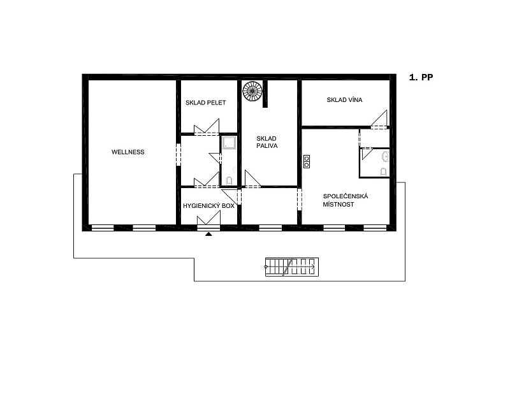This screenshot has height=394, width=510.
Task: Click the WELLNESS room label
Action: coord(128,152)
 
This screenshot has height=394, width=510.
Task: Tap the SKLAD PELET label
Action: coord(205,103)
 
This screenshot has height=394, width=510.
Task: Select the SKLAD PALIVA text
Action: coord(266,142)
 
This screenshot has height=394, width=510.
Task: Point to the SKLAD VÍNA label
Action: coord(344,100)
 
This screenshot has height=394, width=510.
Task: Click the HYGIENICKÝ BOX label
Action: coord(208,206)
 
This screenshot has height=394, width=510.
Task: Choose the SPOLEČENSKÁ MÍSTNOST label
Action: coord(345,200)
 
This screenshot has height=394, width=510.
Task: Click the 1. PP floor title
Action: coord(421,77)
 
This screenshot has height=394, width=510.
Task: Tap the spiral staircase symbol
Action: coord(252,91)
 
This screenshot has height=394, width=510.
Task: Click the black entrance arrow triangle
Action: coord(208,233)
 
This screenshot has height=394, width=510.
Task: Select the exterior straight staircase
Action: coord(292,267)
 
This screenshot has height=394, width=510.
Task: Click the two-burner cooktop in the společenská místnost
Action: coord(307,162)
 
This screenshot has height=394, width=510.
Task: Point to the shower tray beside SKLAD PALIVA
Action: coord(229,143)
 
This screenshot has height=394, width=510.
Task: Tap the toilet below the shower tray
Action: coord(229,180)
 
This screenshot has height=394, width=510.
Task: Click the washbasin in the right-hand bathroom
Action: coord(386,156)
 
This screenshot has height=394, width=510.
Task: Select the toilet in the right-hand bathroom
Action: coord(384,171)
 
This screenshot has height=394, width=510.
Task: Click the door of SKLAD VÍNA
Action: coord(379,119)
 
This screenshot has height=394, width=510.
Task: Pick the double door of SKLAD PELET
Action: coord(207,127)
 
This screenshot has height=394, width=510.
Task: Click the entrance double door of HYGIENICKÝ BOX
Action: coord(209,218)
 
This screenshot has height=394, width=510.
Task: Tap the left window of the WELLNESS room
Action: coord(103,228)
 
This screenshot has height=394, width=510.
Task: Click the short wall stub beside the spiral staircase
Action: coord(265,94)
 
